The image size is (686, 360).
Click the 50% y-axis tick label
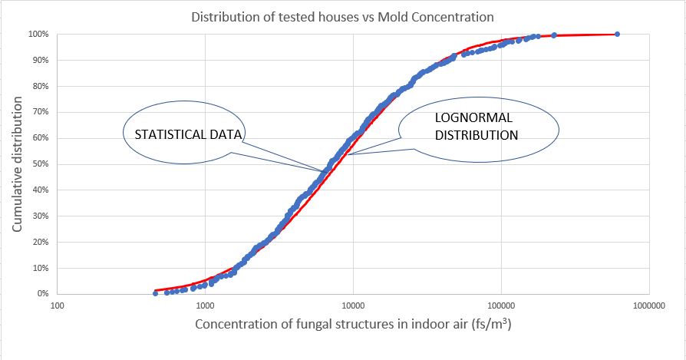coord(40,164)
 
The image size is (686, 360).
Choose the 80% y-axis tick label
coord(40,87)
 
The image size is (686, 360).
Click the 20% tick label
coord(40,242)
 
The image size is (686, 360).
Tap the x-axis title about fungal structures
coord(353,325)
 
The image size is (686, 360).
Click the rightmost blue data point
coord(617,34)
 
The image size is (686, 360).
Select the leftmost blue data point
coord(155,293)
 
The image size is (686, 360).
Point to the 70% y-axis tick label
coord(40,112)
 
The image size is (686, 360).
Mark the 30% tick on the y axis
coord(40,216)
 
